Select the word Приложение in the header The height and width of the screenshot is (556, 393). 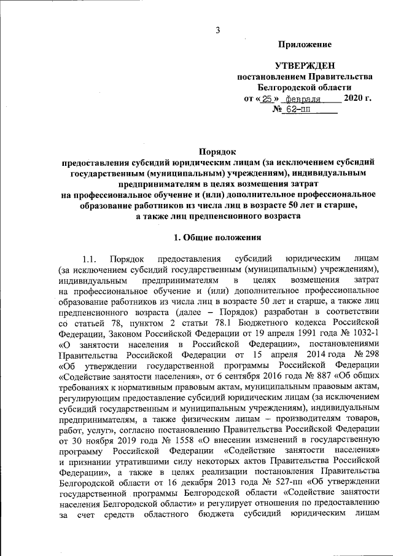305,45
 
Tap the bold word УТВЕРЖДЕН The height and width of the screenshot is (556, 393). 305,66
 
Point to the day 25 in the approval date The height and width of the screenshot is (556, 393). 266,98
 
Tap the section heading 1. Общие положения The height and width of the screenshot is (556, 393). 218,237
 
